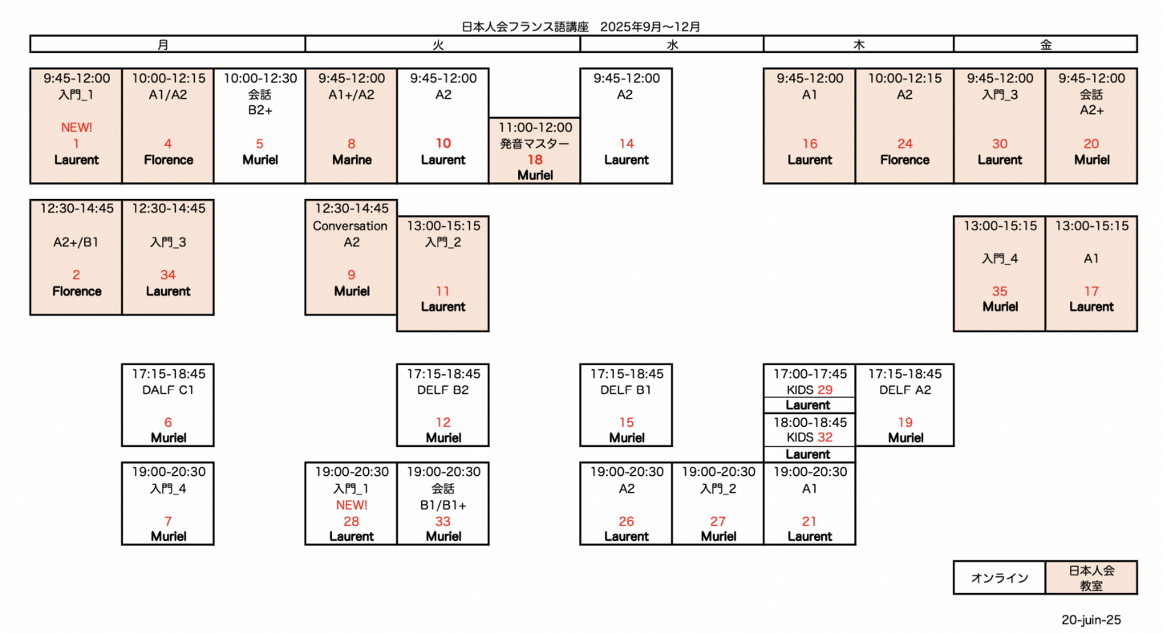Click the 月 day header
click(x=163, y=45)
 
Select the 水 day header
click(x=672, y=45)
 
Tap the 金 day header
click(x=1046, y=45)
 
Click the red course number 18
click(x=535, y=160)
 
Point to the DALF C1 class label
click(x=168, y=390)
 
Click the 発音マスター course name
click(x=535, y=144)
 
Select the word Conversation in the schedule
click(x=350, y=226)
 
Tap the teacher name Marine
click(x=351, y=160)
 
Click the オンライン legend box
click(x=999, y=577)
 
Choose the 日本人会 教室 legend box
click(x=1092, y=577)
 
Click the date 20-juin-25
click(x=1091, y=620)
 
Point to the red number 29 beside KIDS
click(x=825, y=390)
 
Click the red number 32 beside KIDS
click(x=825, y=437)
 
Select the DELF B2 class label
click(x=443, y=390)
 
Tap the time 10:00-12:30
click(x=260, y=78)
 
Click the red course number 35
click(x=999, y=291)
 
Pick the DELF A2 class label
click(x=905, y=390)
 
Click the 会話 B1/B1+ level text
click(x=443, y=497)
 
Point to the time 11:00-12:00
click(x=535, y=128)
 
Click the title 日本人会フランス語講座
click(x=525, y=26)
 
